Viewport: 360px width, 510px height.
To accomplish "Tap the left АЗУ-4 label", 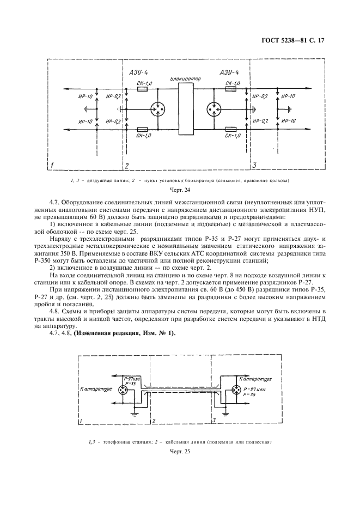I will coord(138,73).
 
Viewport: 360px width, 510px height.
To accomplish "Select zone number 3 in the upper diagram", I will coord(254,165).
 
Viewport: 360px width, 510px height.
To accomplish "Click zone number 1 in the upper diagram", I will coord(52,165).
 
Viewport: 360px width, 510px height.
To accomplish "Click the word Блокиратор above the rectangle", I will coord(186,79).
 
